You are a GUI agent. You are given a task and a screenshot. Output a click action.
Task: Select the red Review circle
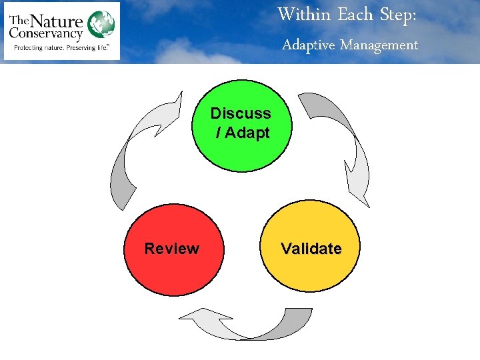(172, 267)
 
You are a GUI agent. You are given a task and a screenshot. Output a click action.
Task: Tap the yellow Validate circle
(311, 267)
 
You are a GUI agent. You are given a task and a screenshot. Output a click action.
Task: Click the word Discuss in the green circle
(241, 113)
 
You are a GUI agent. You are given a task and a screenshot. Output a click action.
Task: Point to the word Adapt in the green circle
(247, 133)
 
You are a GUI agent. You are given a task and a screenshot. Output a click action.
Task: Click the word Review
(172, 249)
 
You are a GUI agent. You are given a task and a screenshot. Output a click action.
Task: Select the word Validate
(311, 249)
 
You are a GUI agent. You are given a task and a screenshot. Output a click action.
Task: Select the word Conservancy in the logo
(47, 33)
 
